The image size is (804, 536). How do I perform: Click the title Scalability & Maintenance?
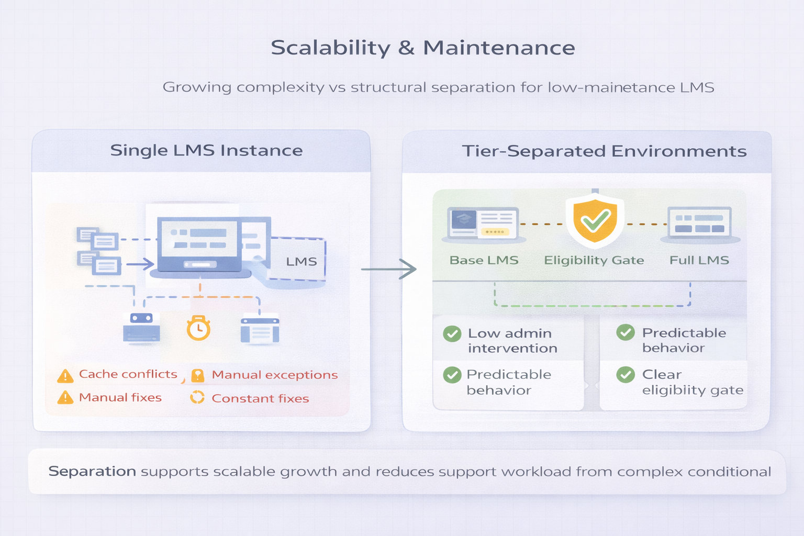423,48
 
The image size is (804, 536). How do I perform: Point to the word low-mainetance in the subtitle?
611,87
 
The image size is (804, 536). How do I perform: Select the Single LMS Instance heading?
206,151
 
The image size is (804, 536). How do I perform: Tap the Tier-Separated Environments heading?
604,151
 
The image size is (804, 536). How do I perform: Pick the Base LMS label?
484,260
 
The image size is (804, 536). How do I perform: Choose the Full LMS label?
699,260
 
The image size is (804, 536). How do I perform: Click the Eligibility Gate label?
594,260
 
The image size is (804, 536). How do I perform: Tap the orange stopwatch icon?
198,328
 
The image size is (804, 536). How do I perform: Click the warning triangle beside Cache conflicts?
65,376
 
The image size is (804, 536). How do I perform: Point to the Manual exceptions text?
274,375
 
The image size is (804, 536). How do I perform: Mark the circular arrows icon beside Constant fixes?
197,398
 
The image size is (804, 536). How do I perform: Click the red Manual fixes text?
120,398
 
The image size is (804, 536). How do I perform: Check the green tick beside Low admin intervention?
452,333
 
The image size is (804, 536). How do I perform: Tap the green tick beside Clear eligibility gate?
626,374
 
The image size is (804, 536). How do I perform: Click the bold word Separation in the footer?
92,472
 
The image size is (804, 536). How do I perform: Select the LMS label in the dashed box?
301,262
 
